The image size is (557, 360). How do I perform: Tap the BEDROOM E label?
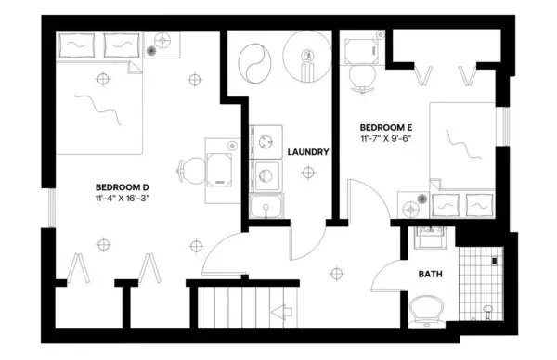385,126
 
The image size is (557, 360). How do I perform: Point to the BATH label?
430,275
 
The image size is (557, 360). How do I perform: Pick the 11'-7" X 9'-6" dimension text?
385,138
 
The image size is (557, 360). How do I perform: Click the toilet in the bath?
427,308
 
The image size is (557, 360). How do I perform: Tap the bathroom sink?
430,237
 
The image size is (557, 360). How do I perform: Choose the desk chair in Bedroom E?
360,80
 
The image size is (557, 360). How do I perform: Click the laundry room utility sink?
267,206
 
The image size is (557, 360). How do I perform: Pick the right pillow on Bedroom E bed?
479,202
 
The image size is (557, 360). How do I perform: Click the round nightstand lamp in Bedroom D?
164,41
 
